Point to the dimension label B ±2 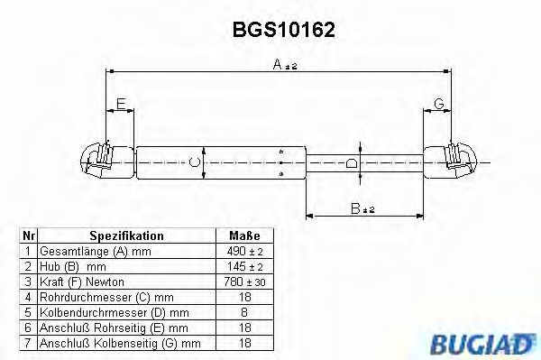(362, 208)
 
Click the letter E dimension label (121, 105)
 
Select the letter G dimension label (438, 105)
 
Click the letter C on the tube (191, 162)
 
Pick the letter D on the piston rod (353, 163)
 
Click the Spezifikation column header (126, 235)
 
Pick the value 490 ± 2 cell (244, 251)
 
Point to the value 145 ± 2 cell (244, 266)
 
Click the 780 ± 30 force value (244, 282)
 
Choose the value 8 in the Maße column (244, 312)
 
